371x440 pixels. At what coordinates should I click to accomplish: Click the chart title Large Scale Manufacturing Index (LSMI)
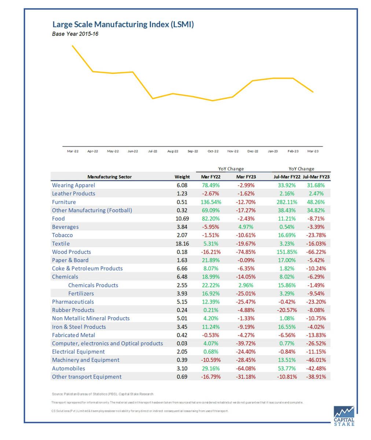123,25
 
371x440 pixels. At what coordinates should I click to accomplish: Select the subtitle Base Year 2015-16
75,34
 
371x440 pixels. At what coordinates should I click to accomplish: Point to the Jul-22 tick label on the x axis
153,151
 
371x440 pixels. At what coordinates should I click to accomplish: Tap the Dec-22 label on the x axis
253,151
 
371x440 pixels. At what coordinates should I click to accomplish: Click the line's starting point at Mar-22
73,46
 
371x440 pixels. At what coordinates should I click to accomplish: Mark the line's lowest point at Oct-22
213,100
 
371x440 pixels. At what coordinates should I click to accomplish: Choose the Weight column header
182,177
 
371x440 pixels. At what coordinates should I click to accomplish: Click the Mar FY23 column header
246,177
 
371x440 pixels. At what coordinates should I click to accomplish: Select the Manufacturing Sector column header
110,177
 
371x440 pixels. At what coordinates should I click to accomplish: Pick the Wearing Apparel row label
74,185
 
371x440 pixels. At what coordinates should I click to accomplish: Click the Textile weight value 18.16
182,243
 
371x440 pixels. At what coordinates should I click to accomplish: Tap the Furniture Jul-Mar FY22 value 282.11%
287,202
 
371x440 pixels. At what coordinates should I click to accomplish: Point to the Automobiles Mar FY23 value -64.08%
246,368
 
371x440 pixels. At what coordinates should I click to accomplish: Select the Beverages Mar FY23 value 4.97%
246,227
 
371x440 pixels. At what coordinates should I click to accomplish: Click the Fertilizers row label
81,293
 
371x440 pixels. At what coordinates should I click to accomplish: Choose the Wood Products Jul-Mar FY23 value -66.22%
316,252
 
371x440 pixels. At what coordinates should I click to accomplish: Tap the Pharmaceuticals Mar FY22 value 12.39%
211,302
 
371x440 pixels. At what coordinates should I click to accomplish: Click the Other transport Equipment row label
87,377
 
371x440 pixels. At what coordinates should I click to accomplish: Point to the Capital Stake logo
344,416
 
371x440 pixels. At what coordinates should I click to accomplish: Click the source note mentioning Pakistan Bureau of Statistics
103,394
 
